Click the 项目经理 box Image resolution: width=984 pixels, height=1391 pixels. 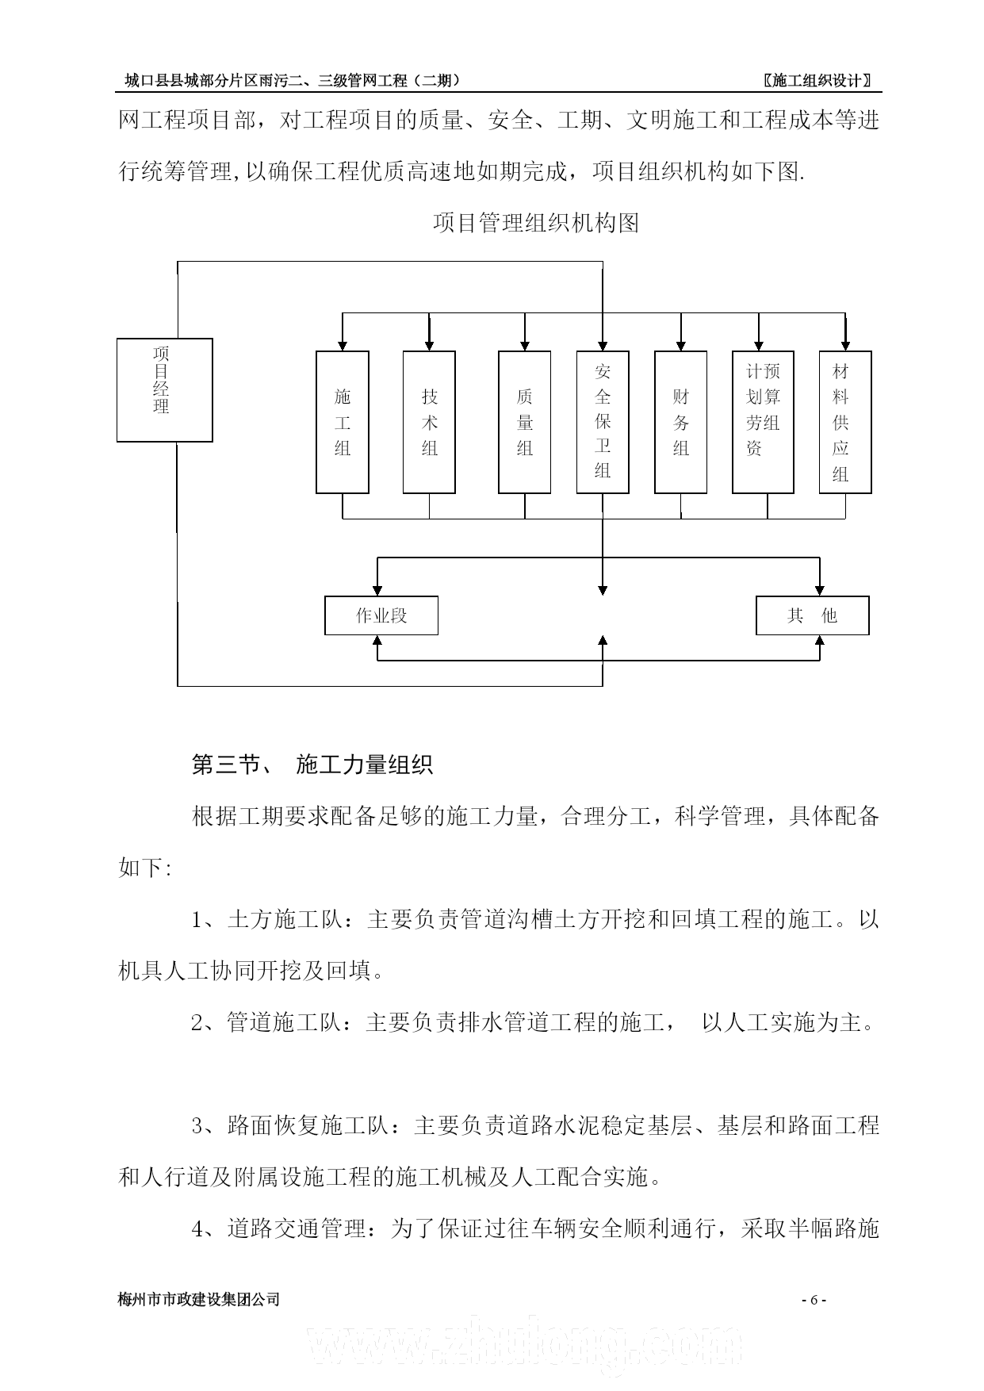coord(165,389)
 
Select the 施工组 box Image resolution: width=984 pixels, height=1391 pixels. coord(343,422)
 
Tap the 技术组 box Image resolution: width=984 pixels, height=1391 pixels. coord(429,422)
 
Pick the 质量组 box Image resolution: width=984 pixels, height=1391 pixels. coord(525,422)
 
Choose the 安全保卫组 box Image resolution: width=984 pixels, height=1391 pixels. coord(603,422)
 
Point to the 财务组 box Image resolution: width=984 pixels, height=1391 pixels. coord(680,422)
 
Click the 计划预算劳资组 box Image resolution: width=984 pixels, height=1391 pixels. coord(763,422)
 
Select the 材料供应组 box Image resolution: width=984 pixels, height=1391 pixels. coord(845,422)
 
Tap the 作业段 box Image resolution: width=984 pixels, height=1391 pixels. coord(381,615)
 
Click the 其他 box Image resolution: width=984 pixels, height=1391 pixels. coord(813,615)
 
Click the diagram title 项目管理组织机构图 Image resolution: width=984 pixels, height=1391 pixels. coord(536,223)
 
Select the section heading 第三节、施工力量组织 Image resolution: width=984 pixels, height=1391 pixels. coord(312,764)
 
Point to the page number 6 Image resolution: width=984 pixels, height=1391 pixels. coord(814,1300)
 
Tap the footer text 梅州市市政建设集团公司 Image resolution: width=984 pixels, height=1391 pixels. coord(199,1300)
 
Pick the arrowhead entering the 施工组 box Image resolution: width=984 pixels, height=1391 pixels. coord(343,346)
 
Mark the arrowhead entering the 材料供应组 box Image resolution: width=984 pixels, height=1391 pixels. coord(845,346)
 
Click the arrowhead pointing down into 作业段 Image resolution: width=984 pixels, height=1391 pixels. coord(377,590)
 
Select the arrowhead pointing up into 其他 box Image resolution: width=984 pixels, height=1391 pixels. coord(820,641)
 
